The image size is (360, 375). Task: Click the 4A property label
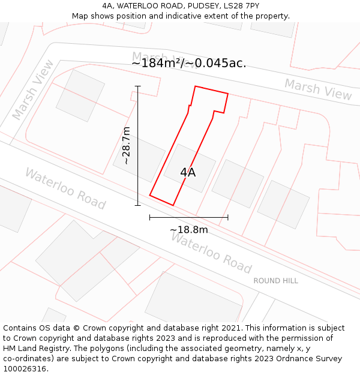point(188,172)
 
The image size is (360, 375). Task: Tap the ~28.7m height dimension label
point(126,145)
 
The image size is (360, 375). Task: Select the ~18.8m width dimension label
point(188,230)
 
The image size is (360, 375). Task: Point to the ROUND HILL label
point(275,281)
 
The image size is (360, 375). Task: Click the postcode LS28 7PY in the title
point(243,6)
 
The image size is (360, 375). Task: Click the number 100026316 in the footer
point(25,369)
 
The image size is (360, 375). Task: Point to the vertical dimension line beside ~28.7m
point(138,146)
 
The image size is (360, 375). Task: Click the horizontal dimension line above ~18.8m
point(188,217)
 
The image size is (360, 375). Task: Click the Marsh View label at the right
point(318,89)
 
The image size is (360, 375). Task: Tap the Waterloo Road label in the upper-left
point(65,188)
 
